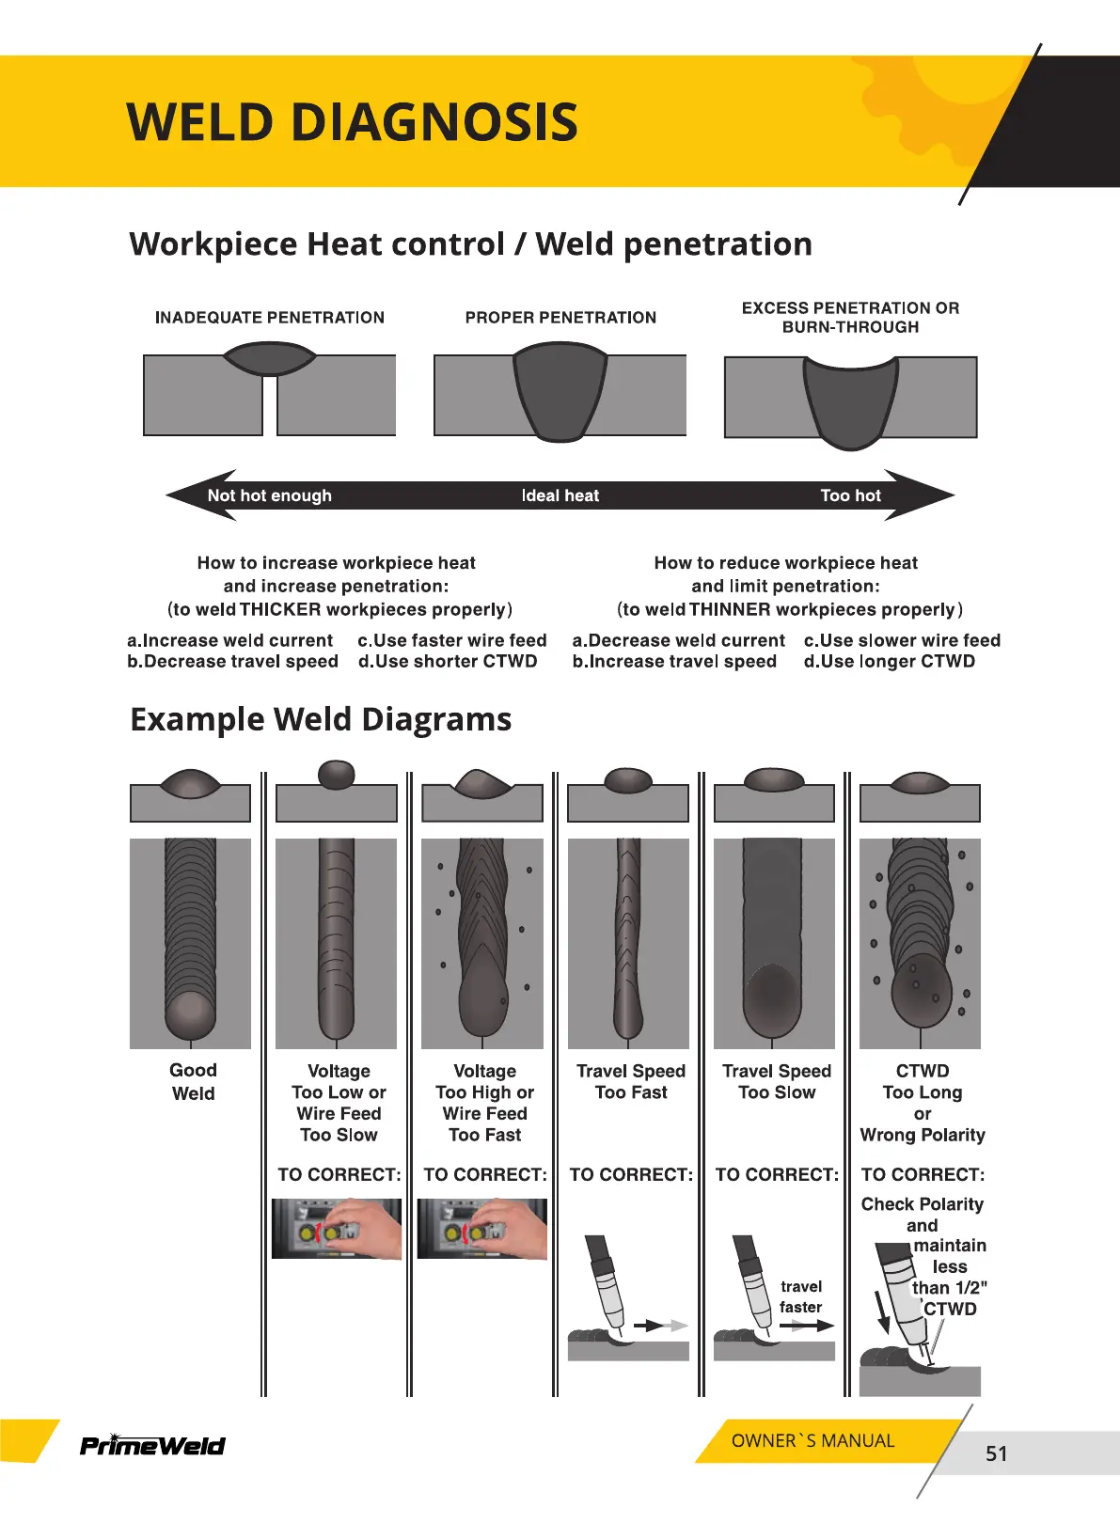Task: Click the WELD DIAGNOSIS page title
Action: pos(352,122)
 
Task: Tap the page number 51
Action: pos(996,1453)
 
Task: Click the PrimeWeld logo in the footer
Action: pos(152,1445)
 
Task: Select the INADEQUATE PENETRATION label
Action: pos(270,318)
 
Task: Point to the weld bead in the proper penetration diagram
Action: pos(560,388)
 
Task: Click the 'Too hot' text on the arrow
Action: pos(850,495)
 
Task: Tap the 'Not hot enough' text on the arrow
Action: pos(270,495)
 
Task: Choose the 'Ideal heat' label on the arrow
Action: pos(560,495)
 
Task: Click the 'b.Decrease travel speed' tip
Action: pos(232,662)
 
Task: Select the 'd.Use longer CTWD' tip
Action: pos(889,662)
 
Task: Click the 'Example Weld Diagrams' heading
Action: pos(321,719)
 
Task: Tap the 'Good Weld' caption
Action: pos(193,1082)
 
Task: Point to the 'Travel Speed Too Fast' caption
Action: pos(631,1082)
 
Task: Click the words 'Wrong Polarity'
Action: pos(923,1136)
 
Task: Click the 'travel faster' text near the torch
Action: pos(800,1296)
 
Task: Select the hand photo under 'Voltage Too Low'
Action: pos(337,1229)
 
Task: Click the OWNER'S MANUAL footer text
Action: pos(812,1441)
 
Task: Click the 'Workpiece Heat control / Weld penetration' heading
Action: pos(470,244)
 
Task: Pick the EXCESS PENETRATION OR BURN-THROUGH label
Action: pos(850,318)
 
